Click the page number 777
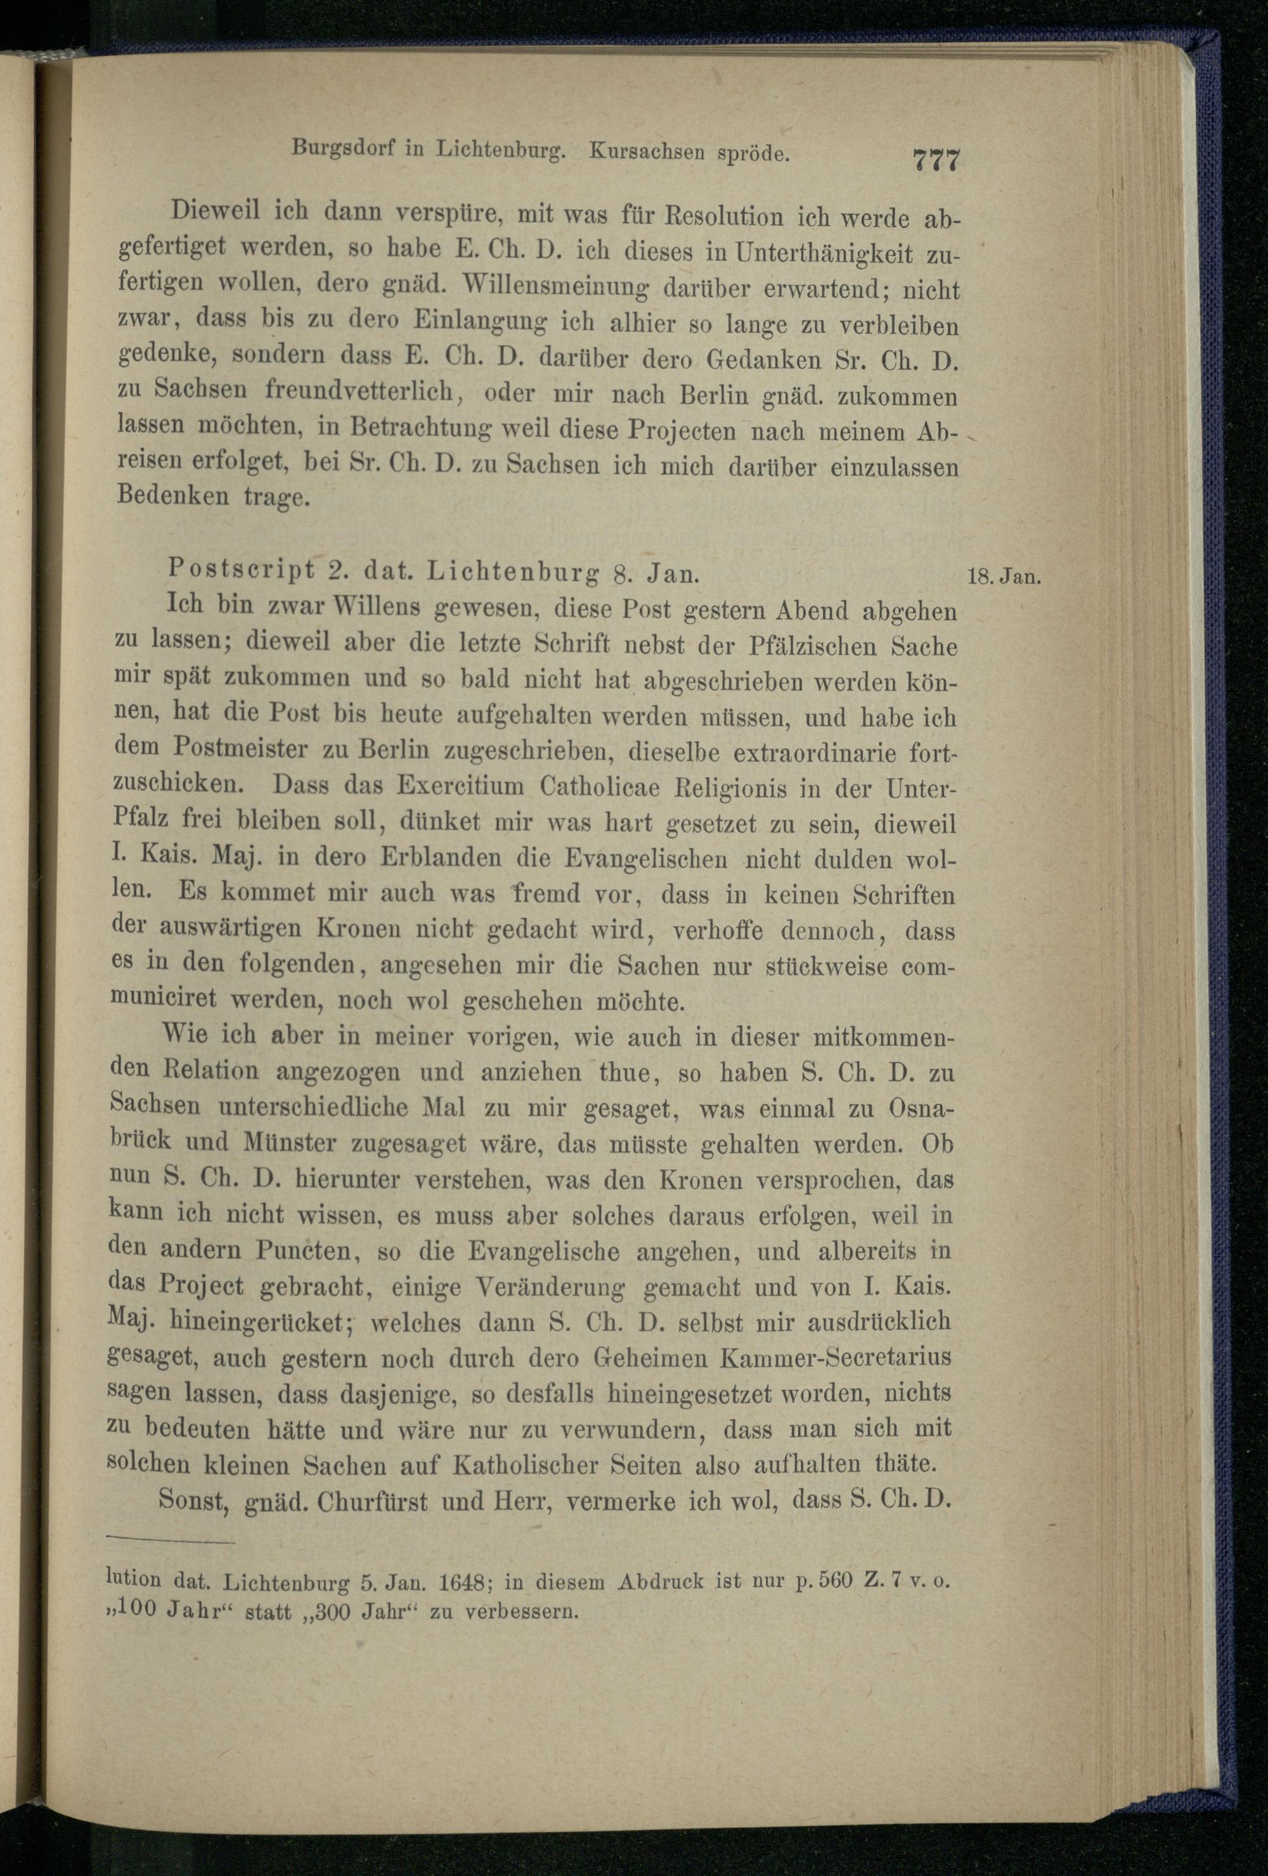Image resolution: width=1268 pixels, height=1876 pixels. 935,159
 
